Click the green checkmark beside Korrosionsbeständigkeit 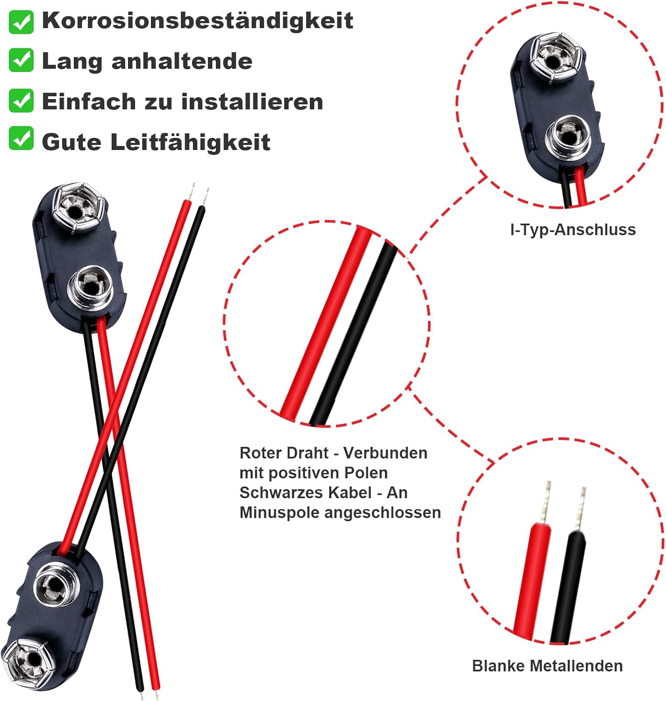coord(21,22)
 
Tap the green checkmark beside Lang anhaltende coord(21,60)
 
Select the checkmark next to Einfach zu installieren coord(21,101)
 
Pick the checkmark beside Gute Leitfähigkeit coord(21,139)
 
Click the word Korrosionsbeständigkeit coord(197,21)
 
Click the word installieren coord(252,101)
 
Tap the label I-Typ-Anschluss coord(573,229)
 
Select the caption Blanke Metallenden coord(547,665)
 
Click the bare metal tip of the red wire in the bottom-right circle coord(544,502)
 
